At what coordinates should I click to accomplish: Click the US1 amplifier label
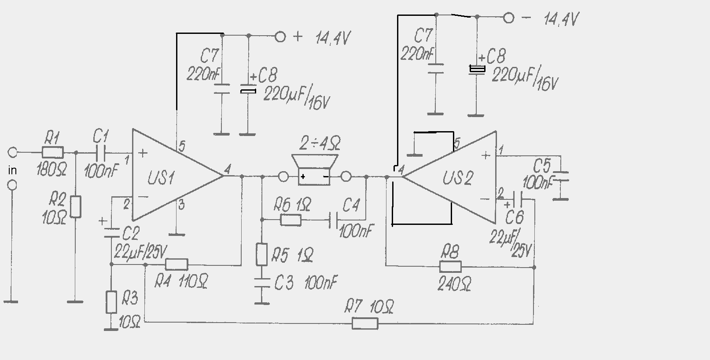pyautogui.click(x=161, y=177)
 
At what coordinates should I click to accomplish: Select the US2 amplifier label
pyautogui.click(x=458, y=178)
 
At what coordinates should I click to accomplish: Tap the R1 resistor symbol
pyautogui.click(x=53, y=152)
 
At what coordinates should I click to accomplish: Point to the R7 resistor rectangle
pyautogui.click(x=365, y=323)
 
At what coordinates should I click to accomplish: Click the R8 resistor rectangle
pyautogui.click(x=450, y=267)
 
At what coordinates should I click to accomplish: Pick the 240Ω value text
pyautogui.click(x=454, y=283)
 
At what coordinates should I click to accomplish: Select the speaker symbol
pyautogui.click(x=314, y=170)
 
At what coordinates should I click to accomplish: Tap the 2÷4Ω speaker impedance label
pyautogui.click(x=320, y=143)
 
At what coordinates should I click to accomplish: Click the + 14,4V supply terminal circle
pyautogui.click(x=280, y=37)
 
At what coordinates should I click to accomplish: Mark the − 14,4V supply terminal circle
pyautogui.click(x=508, y=18)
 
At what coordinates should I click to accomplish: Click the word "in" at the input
pyautogui.click(x=12, y=170)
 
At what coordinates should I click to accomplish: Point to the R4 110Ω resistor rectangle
pyautogui.click(x=177, y=264)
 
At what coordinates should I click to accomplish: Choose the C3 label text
pyautogui.click(x=283, y=283)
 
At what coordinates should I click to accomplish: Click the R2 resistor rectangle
pyautogui.click(x=75, y=206)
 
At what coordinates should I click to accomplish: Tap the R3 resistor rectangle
pyautogui.click(x=111, y=302)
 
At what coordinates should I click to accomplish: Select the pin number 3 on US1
pyautogui.click(x=181, y=205)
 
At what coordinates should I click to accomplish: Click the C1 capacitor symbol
pyautogui.click(x=100, y=153)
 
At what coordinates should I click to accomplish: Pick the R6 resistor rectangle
pyautogui.click(x=291, y=220)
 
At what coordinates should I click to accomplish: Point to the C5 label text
pyautogui.click(x=542, y=165)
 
